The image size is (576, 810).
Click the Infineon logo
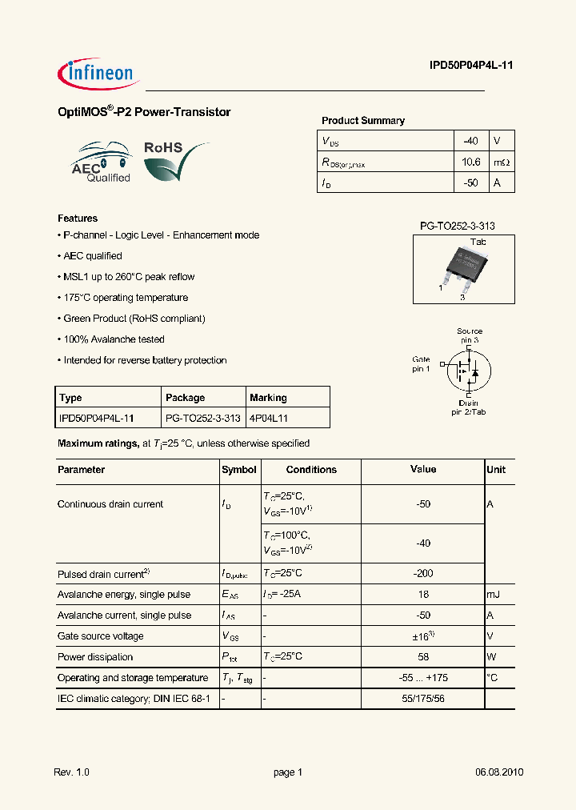click(x=99, y=74)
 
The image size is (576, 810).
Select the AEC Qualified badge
click(x=102, y=163)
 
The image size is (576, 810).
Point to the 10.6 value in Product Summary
click(x=471, y=162)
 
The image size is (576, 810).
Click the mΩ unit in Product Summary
click(x=501, y=162)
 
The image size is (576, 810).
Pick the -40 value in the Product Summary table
click(x=471, y=141)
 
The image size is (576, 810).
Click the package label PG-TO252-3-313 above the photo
click(x=457, y=227)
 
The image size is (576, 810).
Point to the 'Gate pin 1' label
click(x=421, y=364)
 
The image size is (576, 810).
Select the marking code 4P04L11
click(x=269, y=418)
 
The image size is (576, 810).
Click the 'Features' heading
click(x=78, y=219)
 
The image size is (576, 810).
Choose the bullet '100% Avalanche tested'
click(x=113, y=339)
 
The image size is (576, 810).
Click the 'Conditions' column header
click(x=311, y=470)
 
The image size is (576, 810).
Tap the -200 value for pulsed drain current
click(x=423, y=574)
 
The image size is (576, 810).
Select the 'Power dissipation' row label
click(x=95, y=657)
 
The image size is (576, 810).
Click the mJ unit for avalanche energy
click(x=493, y=595)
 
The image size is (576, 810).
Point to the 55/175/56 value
click(x=423, y=699)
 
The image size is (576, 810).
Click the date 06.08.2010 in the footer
click(x=499, y=772)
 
